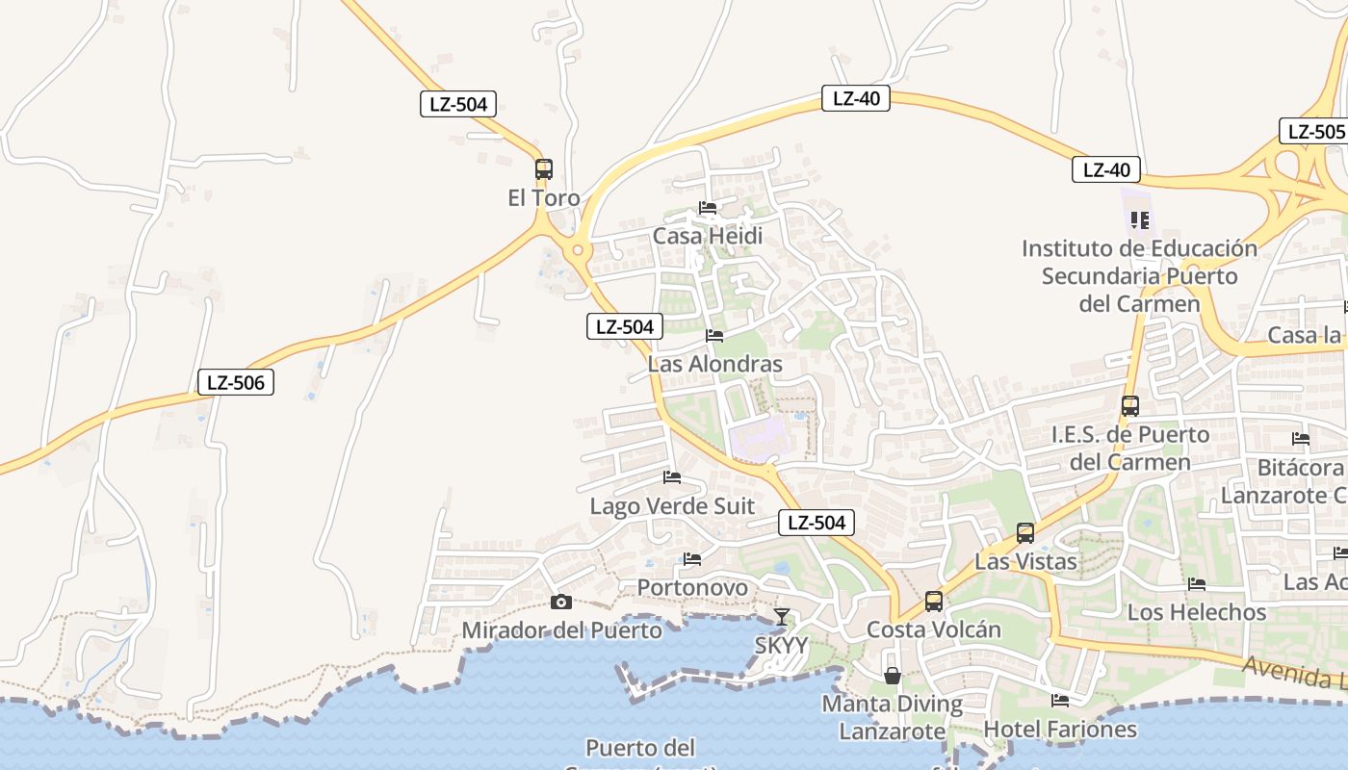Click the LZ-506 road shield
coord(236,382)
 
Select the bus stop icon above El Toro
coord(544,169)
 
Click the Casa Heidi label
coord(708,236)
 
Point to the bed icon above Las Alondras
coord(714,336)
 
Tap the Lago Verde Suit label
coord(672,506)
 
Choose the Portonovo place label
coord(692,587)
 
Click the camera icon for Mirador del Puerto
coord(560,603)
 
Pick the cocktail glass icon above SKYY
coord(781,617)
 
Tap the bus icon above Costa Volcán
coord(933,602)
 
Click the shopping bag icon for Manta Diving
coord(893,676)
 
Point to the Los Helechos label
coord(1197,612)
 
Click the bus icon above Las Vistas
coord(1025,533)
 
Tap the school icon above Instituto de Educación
coord(1140,220)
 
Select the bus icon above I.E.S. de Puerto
coord(1130,406)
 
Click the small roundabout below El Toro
coord(578,250)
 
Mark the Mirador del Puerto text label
coord(562,630)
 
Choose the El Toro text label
coord(544,198)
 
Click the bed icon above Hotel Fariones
coord(1060,701)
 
